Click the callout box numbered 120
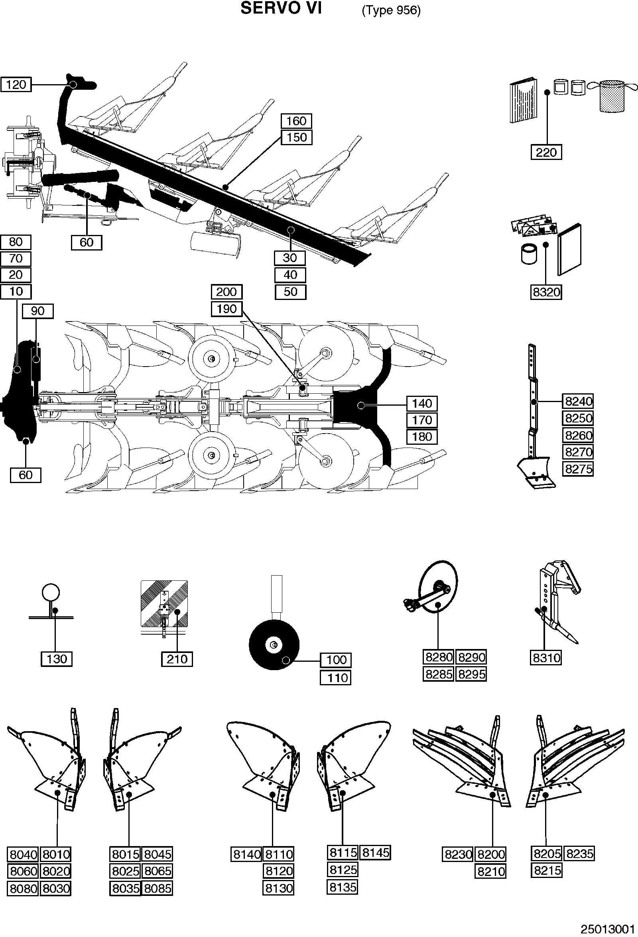coord(16,85)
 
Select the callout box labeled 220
coord(546,152)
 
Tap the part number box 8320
coord(546,292)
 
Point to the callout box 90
coord(37,311)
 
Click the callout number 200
coord(226,292)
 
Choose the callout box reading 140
coord(422,403)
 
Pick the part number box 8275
coord(578,469)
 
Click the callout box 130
coord(57,659)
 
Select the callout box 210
coord(177,659)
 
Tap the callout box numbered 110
coord(336,677)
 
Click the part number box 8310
coord(546,658)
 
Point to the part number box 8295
coord(471,674)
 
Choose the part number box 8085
coord(158,888)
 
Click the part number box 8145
coord(375,852)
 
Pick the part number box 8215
coord(547,870)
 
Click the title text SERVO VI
coord(281,8)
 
